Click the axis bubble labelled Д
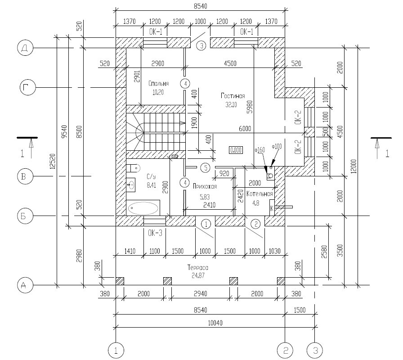click(x=25, y=48)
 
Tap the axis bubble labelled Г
click(x=28, y=88)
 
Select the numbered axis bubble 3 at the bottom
click(x=315, y=350)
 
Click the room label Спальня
click(x=159, y=83)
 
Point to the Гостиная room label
click(x=233, y=96)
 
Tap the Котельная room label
click(x=260, y=193)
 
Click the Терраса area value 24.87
click(x=198, y=276)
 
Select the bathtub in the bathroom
click(x=143, y=208)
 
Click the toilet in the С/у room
click(x=133, y=168)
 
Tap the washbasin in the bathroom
click(x=131, y=185)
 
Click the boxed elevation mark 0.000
click(x=236, y=150)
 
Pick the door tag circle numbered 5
click(x=206, y=168)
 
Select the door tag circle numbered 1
click(x=206, y=224)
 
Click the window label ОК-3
click(x=155, y=233)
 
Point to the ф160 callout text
click(x=260, y=149)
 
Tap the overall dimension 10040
click(x=215, y=323)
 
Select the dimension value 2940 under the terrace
click(x=200, y=293)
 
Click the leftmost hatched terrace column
click(x=120, y=281)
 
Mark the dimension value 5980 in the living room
click(x=250, y=107)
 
